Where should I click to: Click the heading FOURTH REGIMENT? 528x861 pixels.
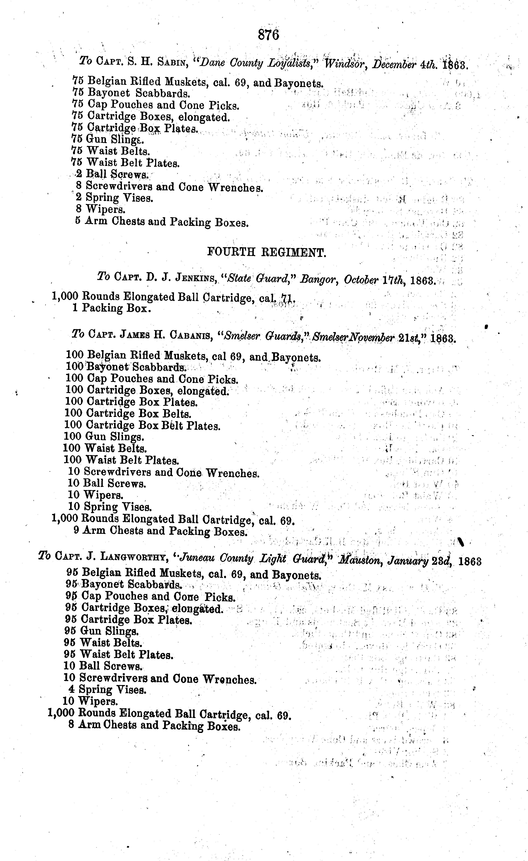coord(267,252)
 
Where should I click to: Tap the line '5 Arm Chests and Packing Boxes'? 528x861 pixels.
coord(162,222)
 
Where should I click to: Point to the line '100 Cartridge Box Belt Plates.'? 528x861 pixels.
coord(142,426)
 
